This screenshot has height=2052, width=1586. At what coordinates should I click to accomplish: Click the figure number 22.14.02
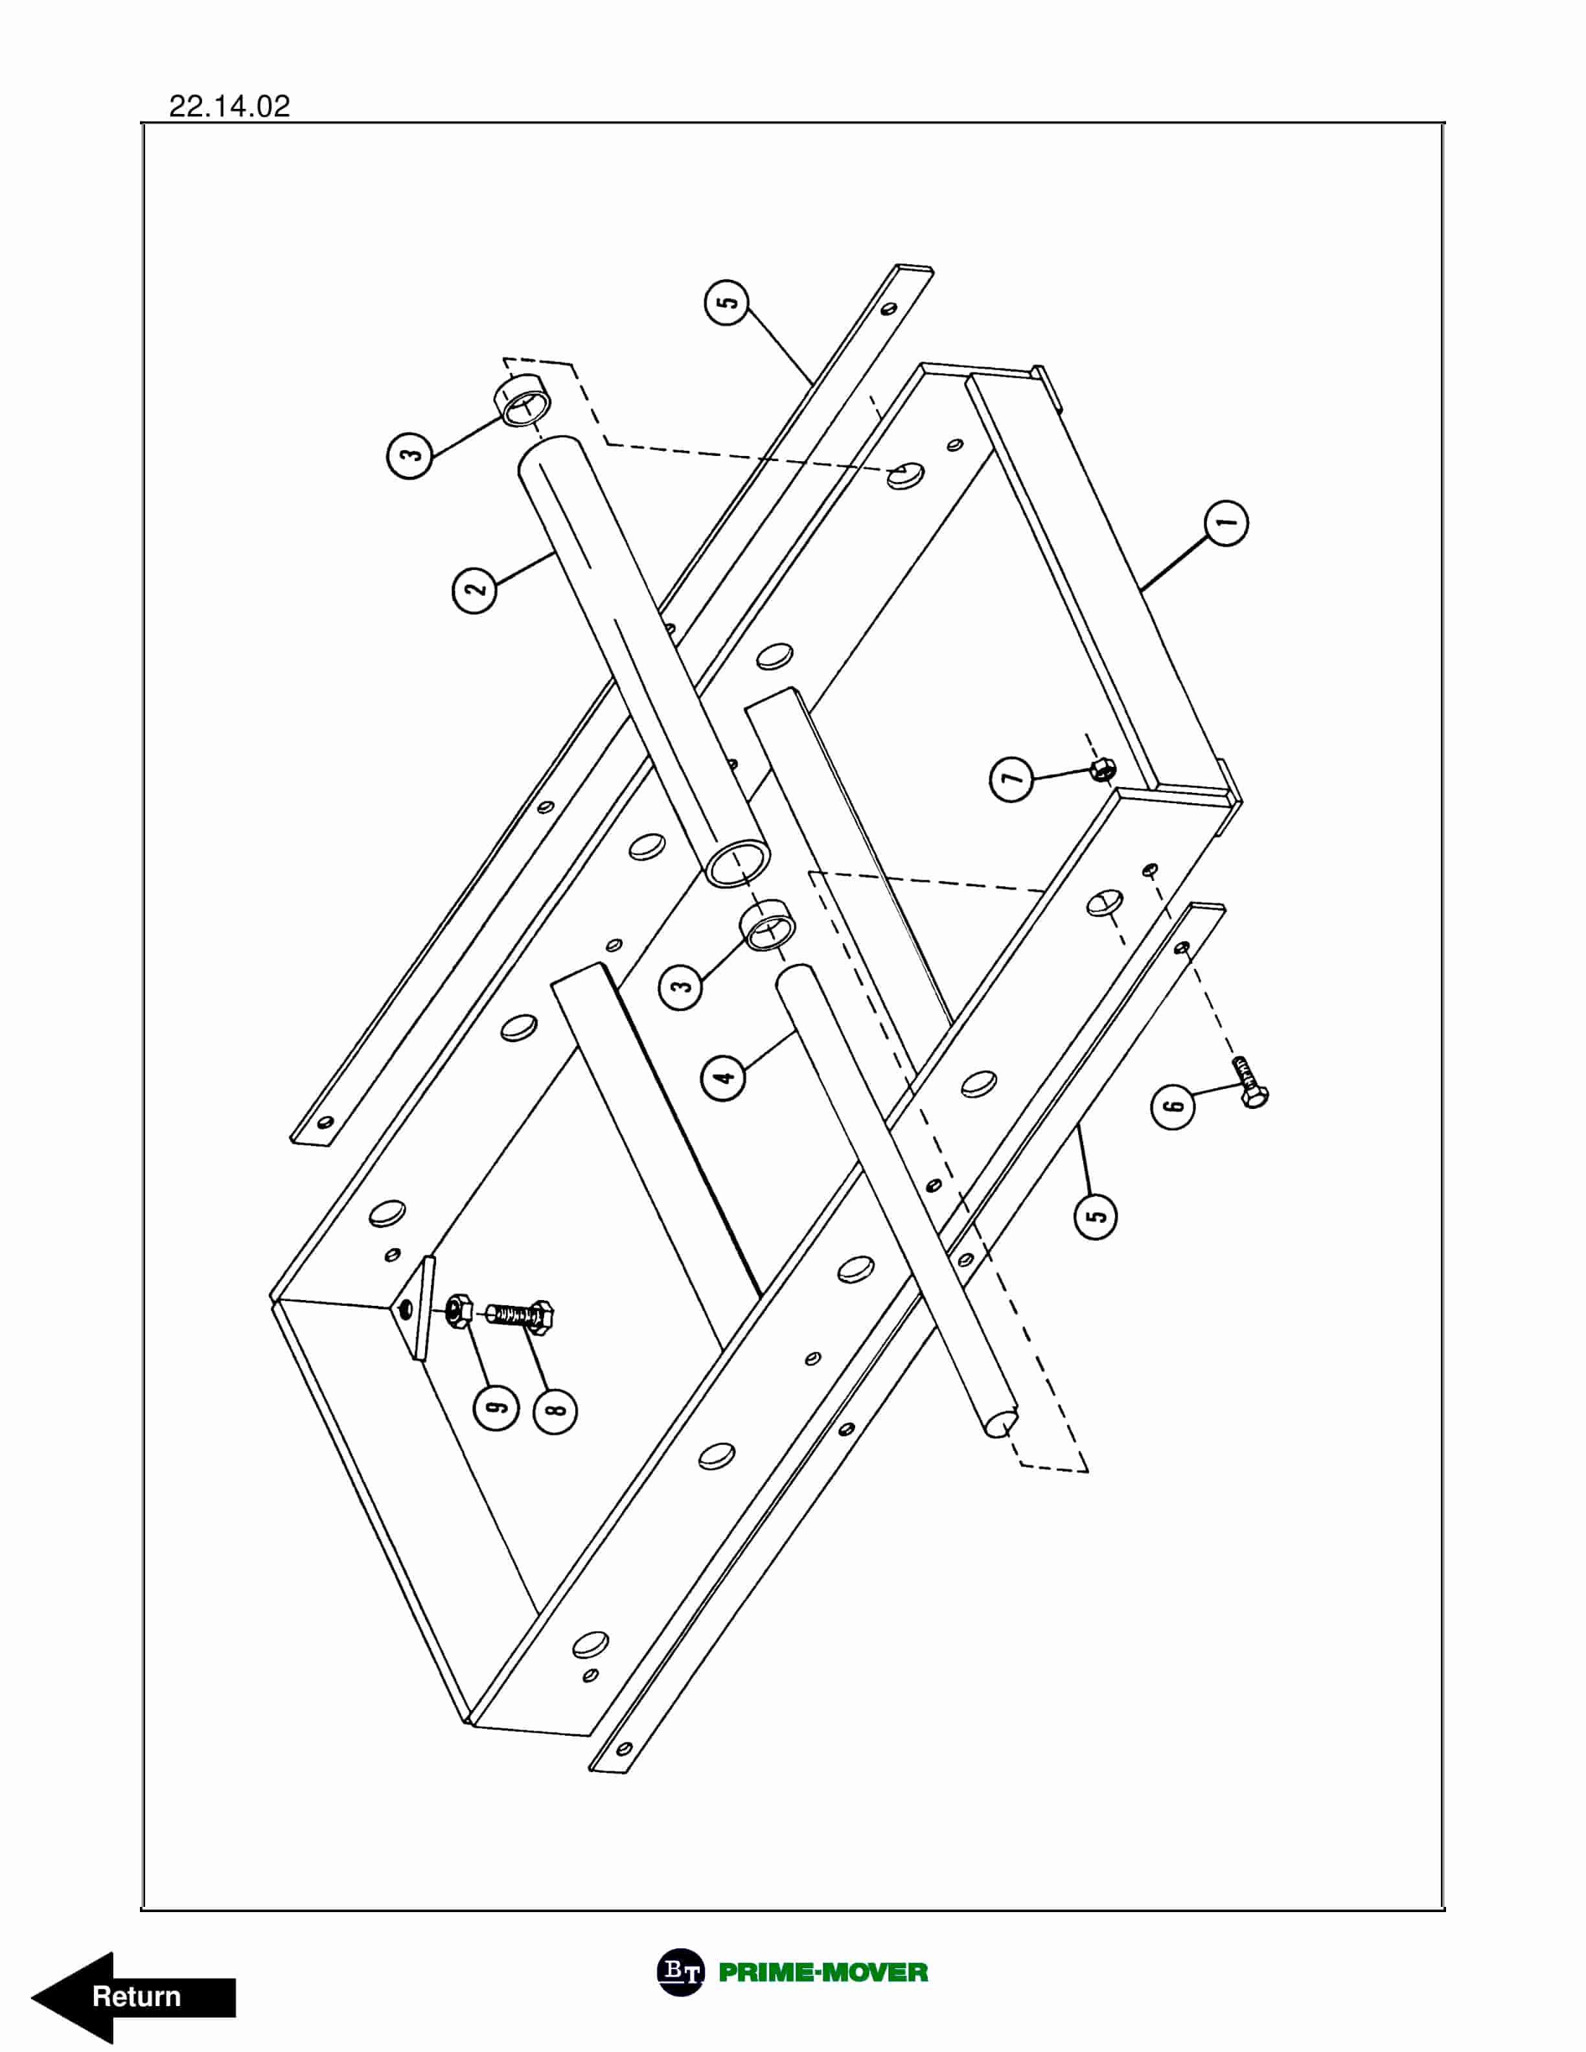(x=229, y=106)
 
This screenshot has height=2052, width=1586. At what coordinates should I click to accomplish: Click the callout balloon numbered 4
(x=724, y=1077)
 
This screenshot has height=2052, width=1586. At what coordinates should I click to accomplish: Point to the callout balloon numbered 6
(x=1173, y=1106)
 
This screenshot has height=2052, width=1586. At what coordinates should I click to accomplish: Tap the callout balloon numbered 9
(x=496, y=1406)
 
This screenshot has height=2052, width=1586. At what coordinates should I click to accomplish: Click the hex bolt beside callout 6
(x=1250, y=1082)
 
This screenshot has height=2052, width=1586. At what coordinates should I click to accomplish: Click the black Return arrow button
(x=132, y=1996)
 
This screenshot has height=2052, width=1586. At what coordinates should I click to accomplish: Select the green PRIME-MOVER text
(x=823, y=1972)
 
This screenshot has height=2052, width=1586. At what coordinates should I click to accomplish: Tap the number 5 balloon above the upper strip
(x=726, y=302)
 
